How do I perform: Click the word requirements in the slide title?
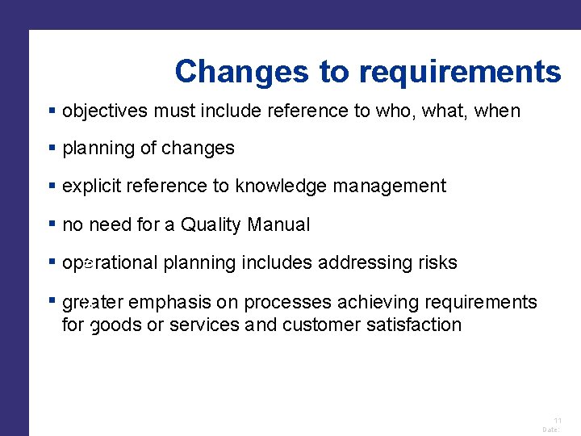pos(460,73)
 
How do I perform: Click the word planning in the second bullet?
pos(97,149)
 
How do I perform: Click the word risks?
pos(437,263)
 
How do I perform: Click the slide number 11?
pos(557,421)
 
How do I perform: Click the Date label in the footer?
pos(551,430)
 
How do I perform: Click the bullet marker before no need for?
pos(52,224)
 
